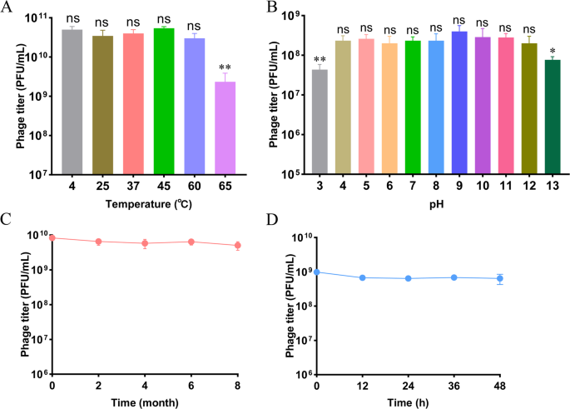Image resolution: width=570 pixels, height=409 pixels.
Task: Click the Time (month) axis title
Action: (145, 402)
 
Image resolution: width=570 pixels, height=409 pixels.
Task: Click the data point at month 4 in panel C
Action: (145, 243)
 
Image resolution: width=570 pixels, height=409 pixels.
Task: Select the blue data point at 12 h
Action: (363, 277)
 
